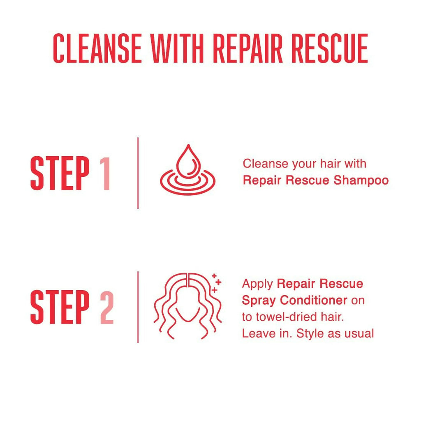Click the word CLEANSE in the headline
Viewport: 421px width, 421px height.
click(97, 49)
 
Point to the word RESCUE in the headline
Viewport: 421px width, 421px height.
click(330, 49)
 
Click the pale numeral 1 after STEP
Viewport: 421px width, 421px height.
click(105, 173)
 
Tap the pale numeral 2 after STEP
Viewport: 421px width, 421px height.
click(107, 308)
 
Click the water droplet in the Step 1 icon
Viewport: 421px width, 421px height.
click(188, 161)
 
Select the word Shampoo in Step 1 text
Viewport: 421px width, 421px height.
click(361, 180)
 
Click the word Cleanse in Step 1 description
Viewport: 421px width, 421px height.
click(265, 164)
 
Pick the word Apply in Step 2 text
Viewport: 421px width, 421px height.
click(257, 284)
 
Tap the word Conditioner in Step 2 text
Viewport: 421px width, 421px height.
click(314, 300)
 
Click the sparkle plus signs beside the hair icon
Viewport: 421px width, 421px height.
click(216, 283)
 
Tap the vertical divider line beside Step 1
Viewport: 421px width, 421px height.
click(138, 173)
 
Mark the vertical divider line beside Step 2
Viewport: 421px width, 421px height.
click(138, 307)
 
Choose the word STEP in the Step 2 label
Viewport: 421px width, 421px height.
click(60, 308)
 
